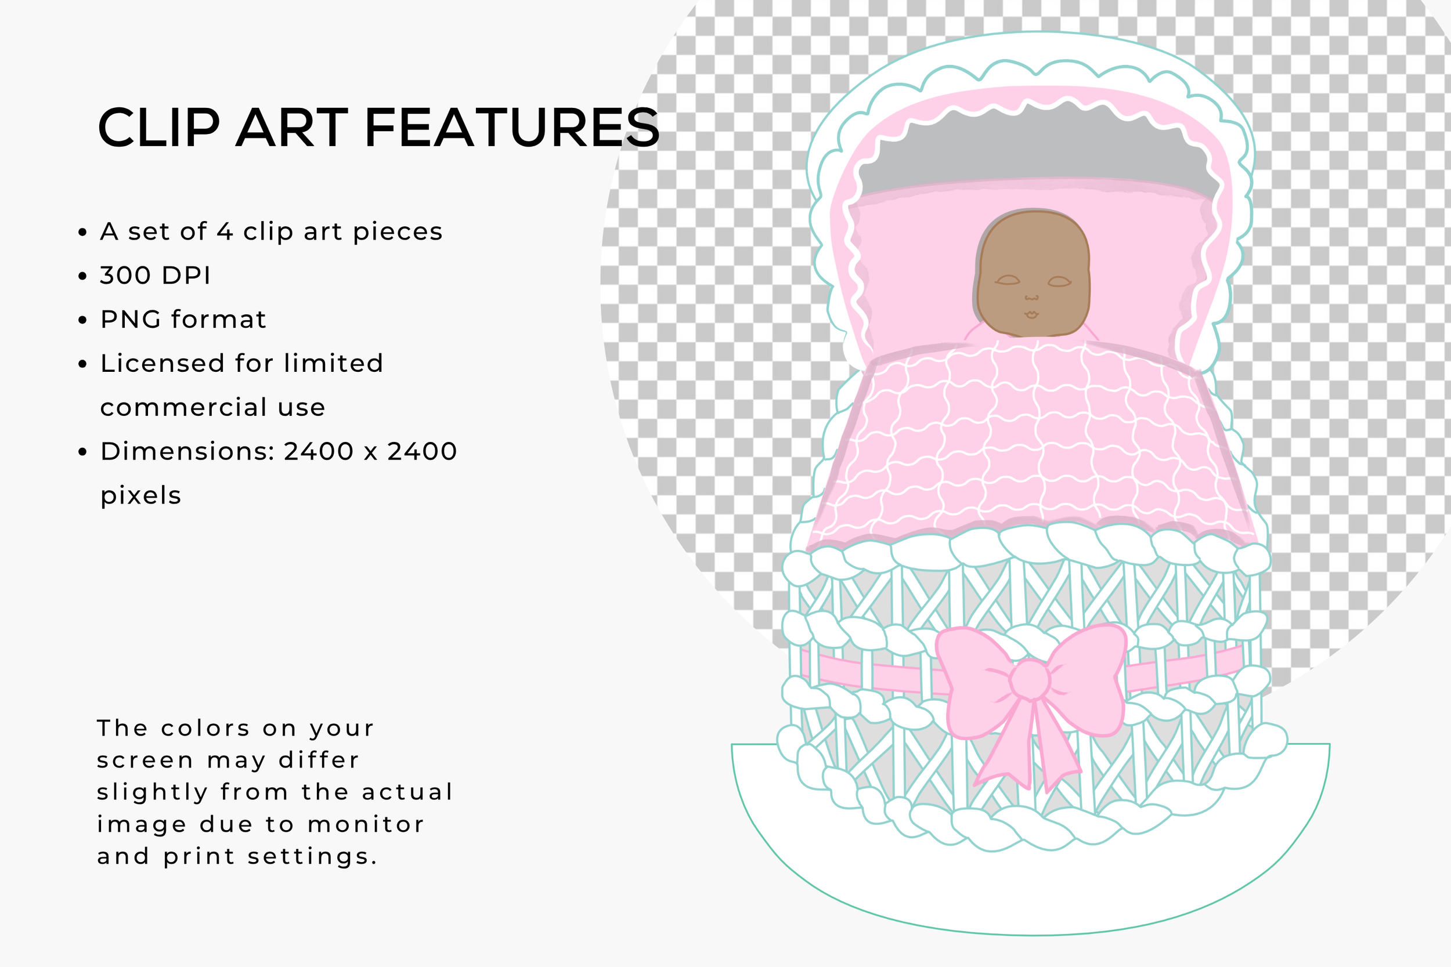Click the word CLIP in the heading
click(158, 128)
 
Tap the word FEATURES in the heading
click(512, 128)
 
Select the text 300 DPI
click(156, 276)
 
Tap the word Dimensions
click(187, 451)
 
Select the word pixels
click(140, 496)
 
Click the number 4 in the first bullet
click(225, 232)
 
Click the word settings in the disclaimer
click(312, 857)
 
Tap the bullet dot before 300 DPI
click(82, 276)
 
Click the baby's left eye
click(1008, 281)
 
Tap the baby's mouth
click(1031, 314)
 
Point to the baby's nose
click(1031, 298)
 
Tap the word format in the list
click(218, 320)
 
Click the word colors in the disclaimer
click(205, 729)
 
